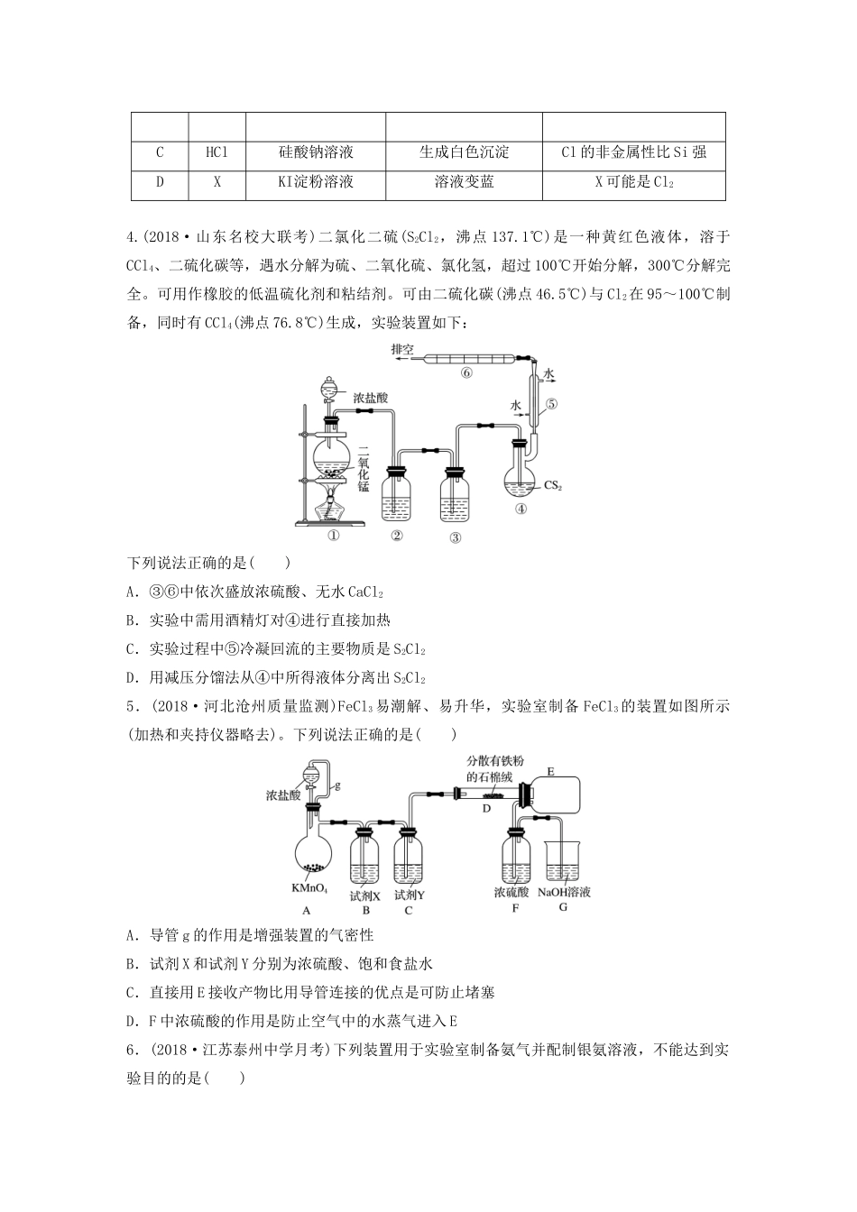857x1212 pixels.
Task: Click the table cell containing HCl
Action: pyautogui.click(x=217, y=152)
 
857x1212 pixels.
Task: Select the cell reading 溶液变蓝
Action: pyautogui.click(x=464, y=182)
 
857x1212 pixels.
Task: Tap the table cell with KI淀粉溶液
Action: pyautogui.click(x=316, y=182)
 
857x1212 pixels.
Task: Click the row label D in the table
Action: pyautogui.click(x=160, y=182)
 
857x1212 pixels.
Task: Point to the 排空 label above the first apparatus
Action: pyautogui.click(x=401, y=349)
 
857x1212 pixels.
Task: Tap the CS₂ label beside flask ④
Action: pyautogui.click(x=553, y=485)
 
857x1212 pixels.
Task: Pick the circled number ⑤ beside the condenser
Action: pyautogui.click(x=552, y=405)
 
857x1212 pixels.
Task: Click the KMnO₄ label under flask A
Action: pyautogui.click(x=309, y=889)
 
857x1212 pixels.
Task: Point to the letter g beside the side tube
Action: pyautogui.click(x=337, y=785)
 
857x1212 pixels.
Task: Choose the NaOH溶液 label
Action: pyautogui.click(x=564, y=892)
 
